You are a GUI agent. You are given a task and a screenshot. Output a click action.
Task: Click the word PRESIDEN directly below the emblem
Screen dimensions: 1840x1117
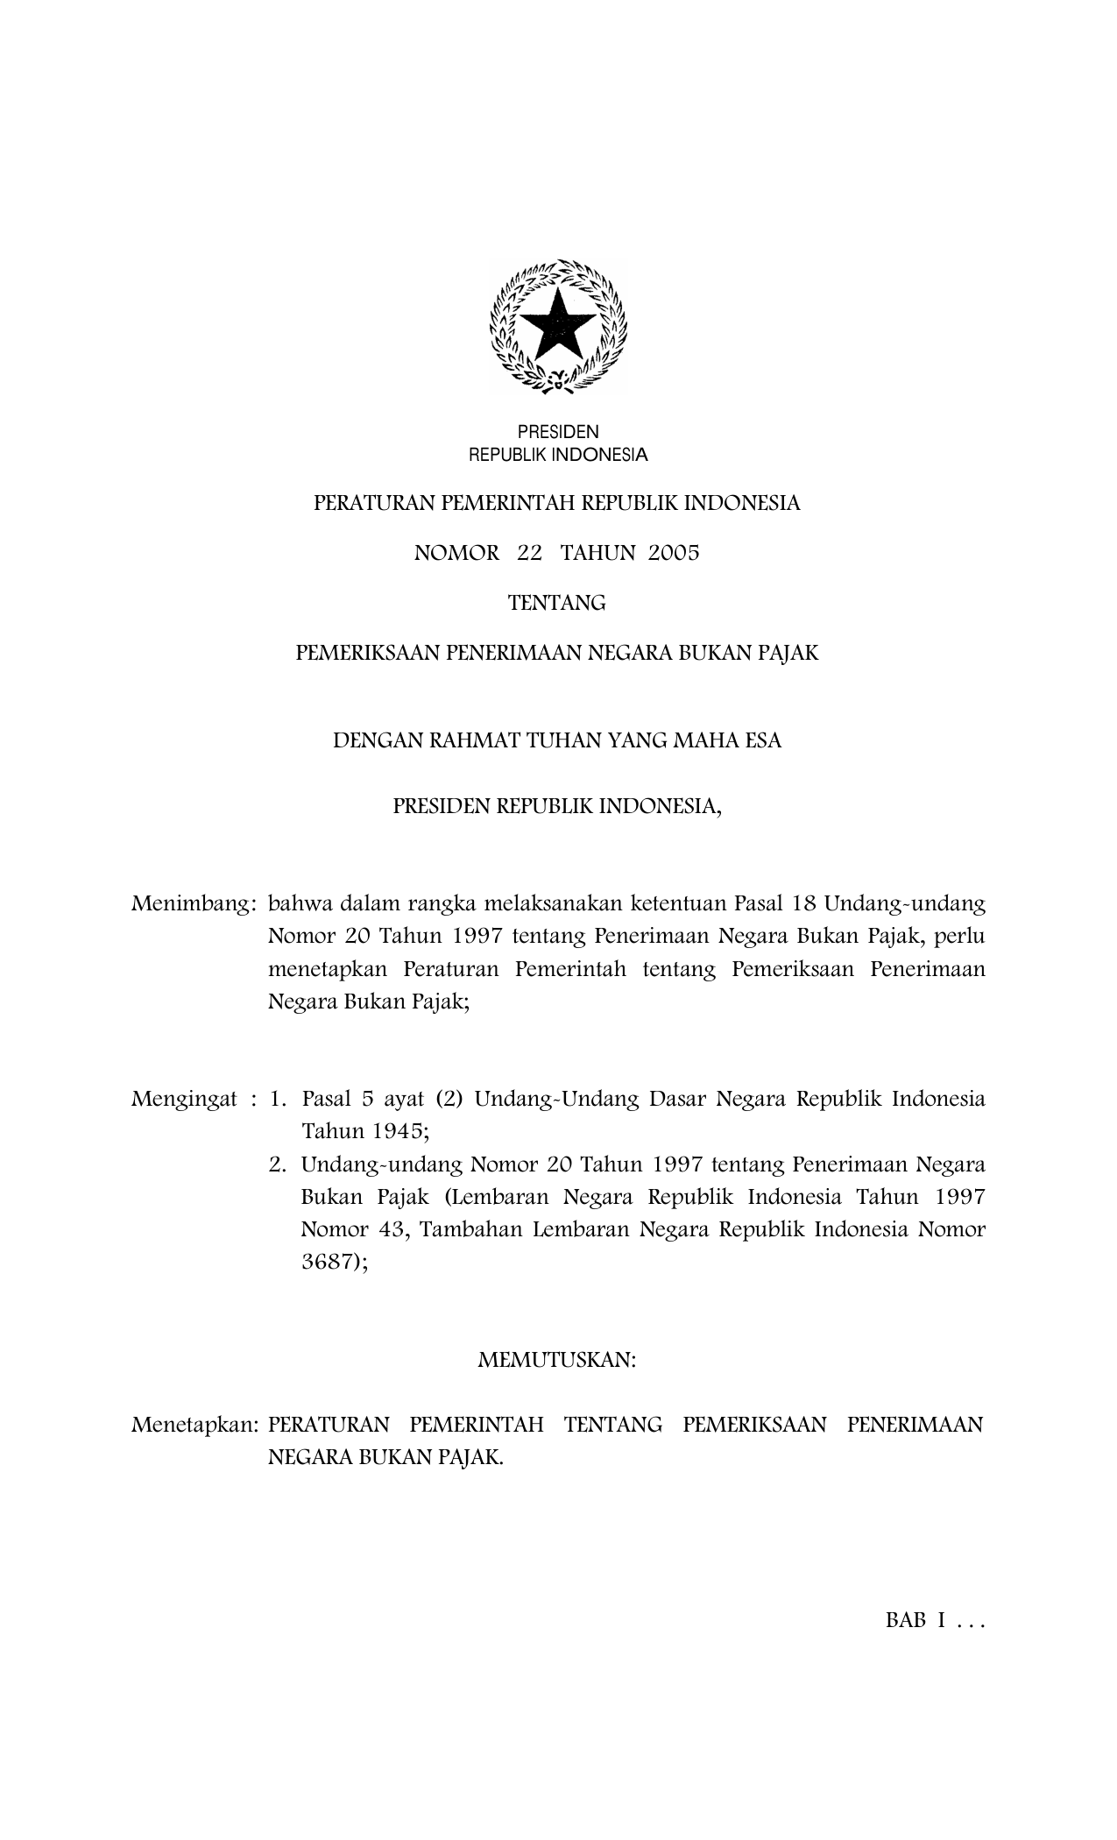(x=558, y=432)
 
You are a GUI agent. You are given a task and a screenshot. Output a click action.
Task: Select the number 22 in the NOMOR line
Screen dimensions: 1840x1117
(x=530, y=553)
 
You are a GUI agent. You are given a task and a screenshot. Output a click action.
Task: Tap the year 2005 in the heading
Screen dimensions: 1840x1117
(x=674, y=553)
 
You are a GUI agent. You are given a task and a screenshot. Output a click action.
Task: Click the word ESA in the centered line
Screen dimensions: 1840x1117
(x=762, y=741)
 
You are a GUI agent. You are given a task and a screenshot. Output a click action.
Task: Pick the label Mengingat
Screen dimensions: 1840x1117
(x=184, y=1099)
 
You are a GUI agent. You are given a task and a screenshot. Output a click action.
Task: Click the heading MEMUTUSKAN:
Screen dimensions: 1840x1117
(x=557, y=1360)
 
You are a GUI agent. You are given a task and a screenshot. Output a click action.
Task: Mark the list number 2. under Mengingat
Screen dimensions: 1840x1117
(x=279, y=1164)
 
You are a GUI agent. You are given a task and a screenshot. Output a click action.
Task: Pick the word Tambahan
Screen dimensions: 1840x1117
(x=471, y=1229)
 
